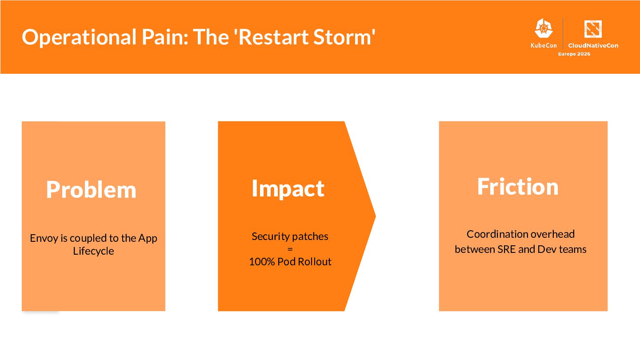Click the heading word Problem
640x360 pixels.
coord(91,190)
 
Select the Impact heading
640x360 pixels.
coord(288,188)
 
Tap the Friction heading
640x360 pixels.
coord(518,186)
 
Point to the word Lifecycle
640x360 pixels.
coord(93,251)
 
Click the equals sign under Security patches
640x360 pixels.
coord(290,249)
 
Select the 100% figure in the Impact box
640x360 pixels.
coord(262,262)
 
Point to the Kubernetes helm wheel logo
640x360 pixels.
coord(543,29)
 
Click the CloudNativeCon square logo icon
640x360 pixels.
coord(593,29)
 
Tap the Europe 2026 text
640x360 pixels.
coord(574,54)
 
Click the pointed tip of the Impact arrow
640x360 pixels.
coord(375,216)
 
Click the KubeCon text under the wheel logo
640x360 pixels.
coord(543,45)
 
